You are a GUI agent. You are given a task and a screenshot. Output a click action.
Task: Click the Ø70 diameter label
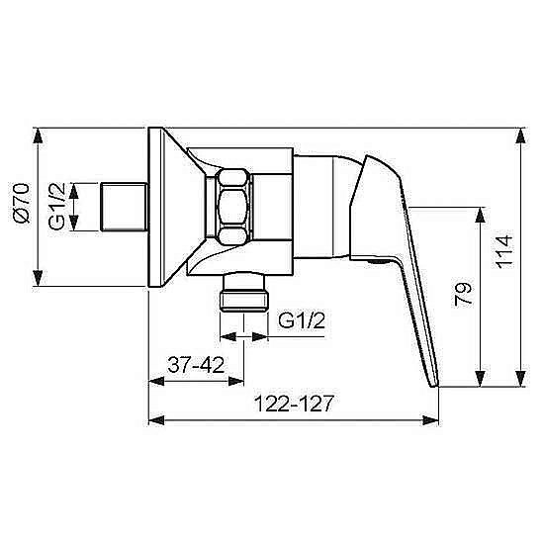point(22,203)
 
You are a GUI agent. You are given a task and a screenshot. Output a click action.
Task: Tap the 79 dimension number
point(463,294)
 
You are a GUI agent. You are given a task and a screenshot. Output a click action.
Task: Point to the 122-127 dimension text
point(294,404)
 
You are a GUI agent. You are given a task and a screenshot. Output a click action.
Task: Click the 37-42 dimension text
point(196,365)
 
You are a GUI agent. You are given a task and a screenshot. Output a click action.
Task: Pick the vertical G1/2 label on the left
point(57,207)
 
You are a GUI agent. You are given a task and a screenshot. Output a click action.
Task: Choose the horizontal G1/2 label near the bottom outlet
point(302,320)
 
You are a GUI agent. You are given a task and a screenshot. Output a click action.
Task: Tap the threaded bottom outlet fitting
point(244,292)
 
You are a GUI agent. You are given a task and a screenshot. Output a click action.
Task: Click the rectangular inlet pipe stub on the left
point(124,207)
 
